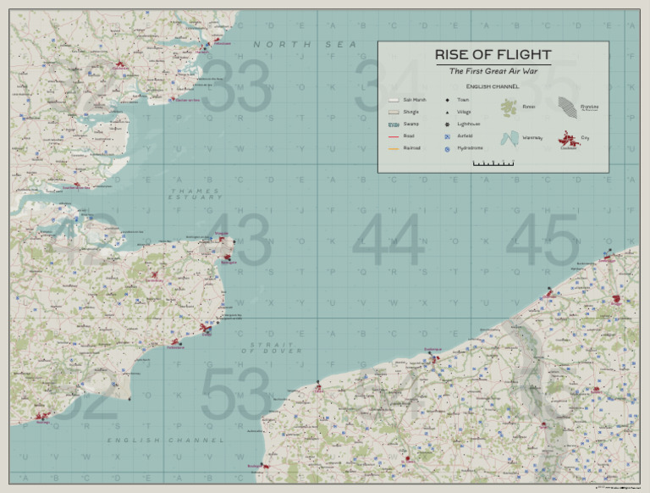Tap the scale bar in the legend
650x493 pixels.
click(x=493, y=163)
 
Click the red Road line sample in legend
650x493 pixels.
click(x=393, y=136)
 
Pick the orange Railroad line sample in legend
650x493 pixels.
click(x=393, y=147)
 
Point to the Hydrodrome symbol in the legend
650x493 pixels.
click(x=447, y=148)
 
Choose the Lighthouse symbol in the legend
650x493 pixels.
click(x=447, y=124)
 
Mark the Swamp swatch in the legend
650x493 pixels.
click(x=393, y=124)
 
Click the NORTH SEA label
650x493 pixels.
click(x=293, y=44)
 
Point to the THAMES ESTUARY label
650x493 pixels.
click(x=196, y=194)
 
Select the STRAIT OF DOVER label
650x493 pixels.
click(x=271, y=347)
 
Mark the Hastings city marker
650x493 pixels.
click(x=41, y=415)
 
